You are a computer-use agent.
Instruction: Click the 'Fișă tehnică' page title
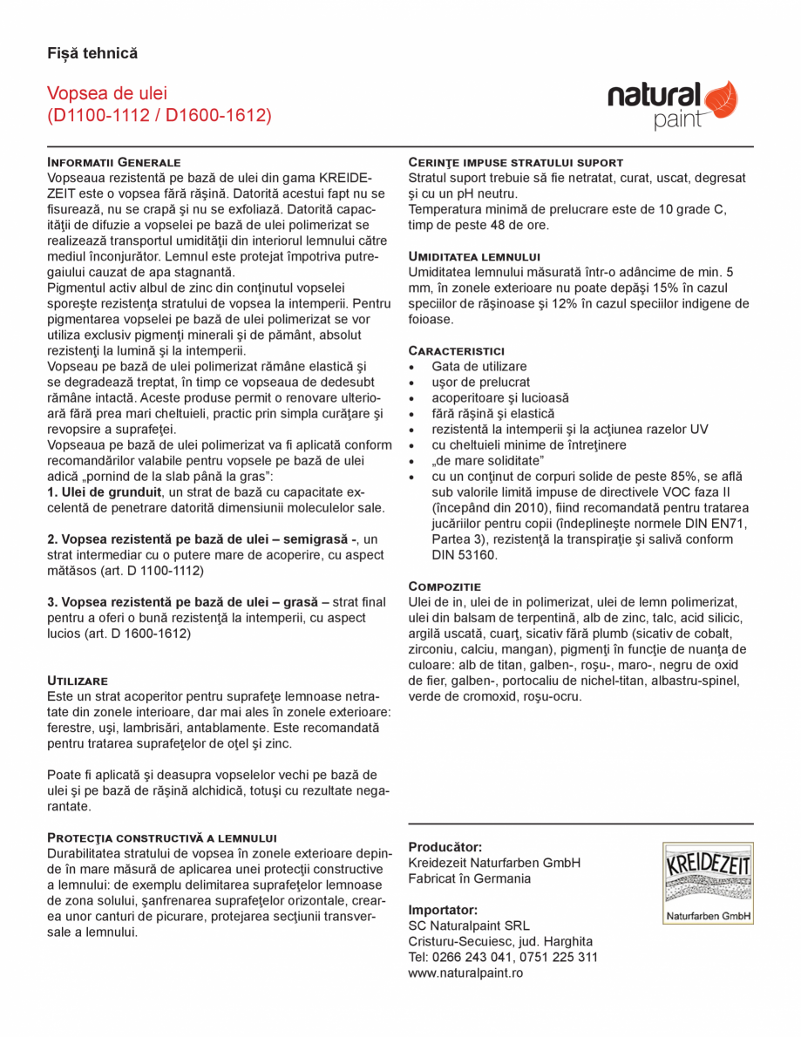point(92,54)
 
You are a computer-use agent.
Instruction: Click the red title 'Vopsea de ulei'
point(107,93)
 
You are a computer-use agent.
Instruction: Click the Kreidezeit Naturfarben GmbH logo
point(708,883)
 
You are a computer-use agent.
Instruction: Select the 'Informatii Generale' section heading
point(113,162)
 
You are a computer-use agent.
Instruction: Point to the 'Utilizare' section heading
point(78,680)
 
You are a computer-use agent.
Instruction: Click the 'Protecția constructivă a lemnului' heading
point(161,837)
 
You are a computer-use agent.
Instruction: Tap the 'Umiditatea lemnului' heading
point(474,256)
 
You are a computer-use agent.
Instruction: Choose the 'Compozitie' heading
point(445,586)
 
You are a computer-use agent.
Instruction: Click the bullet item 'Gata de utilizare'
point(479,367)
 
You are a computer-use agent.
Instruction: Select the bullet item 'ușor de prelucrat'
point(480,383)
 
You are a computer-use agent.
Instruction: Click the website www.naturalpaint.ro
point(465,973)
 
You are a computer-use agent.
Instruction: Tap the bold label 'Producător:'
point(445,847)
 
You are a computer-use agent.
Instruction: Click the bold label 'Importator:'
point(443,910)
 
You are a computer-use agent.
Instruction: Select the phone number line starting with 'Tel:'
point(503,957)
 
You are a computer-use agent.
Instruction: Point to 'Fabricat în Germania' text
point(469,878)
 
